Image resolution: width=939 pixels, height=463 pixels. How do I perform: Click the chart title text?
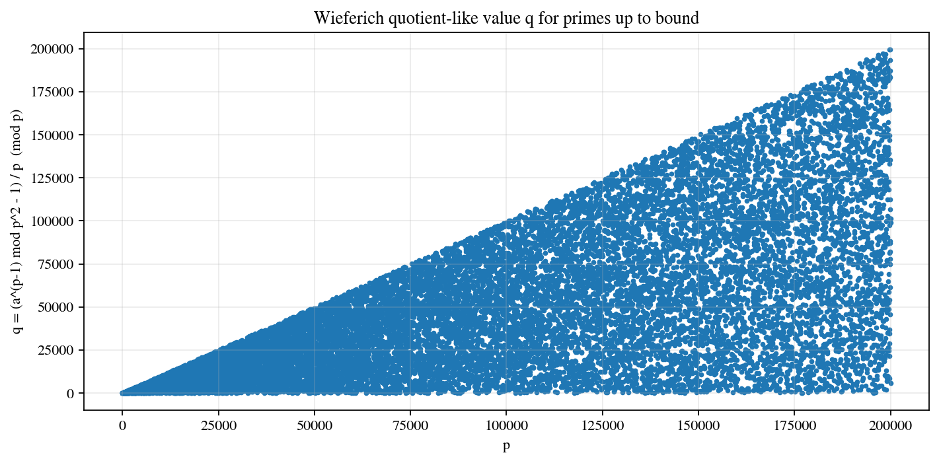click(506, 18)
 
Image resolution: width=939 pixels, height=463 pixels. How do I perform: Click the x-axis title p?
click(506, 446)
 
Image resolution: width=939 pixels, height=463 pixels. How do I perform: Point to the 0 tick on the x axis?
click(122, 425)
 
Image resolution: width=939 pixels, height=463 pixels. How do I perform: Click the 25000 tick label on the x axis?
click(218, 425)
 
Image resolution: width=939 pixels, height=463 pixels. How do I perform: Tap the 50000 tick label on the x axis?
click(315, 425)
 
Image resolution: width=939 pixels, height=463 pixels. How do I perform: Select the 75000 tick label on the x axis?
click(410, 425)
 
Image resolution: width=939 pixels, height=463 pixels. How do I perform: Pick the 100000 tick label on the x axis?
click(506, 425)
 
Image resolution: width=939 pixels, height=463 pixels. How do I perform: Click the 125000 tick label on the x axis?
click(603, 425)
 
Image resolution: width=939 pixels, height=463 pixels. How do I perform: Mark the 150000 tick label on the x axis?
click(698, 425)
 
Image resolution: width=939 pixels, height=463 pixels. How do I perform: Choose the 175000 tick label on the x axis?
click(794, 425)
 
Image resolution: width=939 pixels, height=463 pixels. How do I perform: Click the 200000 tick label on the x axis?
click(891, 425)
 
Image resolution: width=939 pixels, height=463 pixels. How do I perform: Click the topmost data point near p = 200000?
click(890, 50)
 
